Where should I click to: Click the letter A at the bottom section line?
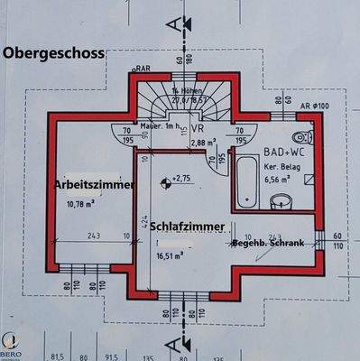coord(185,341)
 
